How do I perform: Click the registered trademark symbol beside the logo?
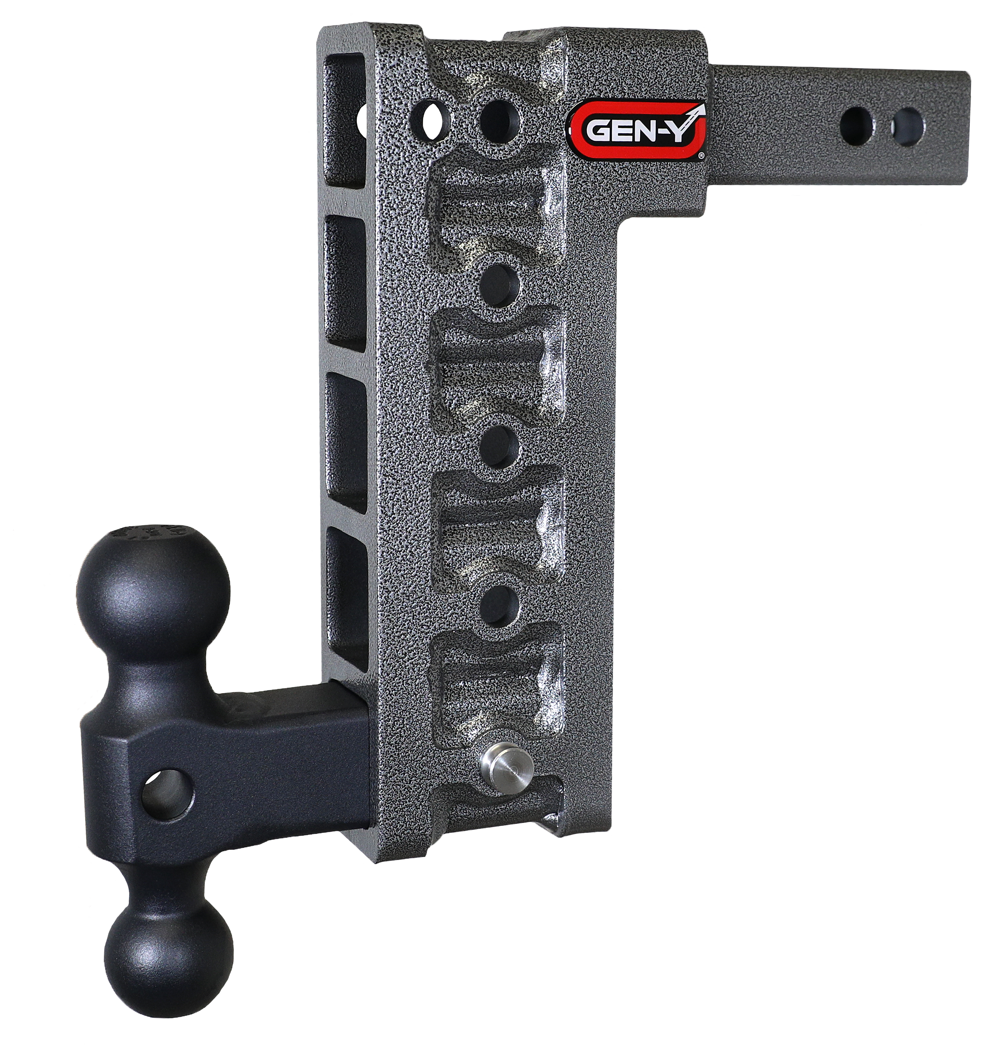click(x=701, y=156)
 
